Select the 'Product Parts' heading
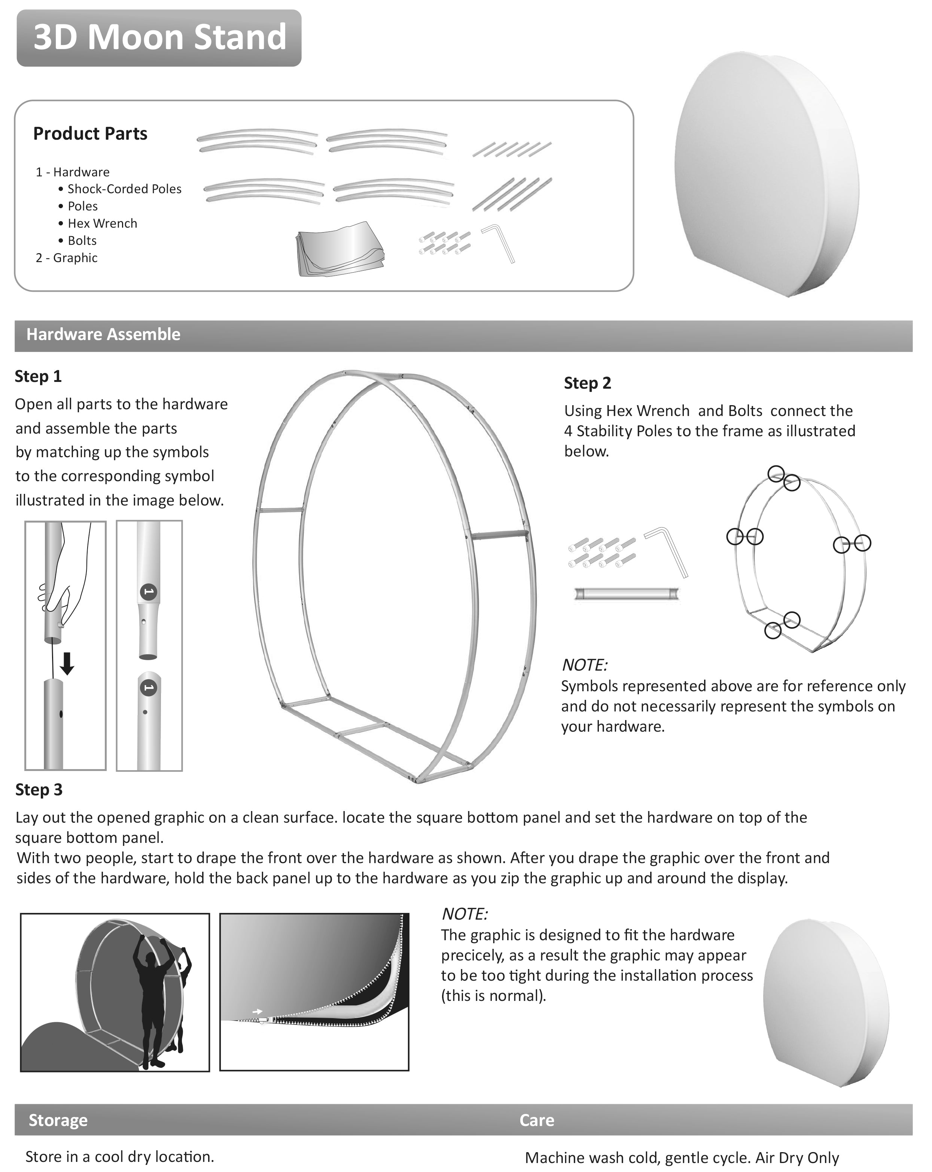90,133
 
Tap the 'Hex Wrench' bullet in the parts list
102,224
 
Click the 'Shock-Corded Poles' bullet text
124,189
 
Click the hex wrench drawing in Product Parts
499,242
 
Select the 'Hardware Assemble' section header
103,334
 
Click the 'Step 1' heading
38,376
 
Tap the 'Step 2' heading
587,383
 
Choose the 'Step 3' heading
39,789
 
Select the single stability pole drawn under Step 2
627,593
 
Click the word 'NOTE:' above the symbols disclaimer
584,665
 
